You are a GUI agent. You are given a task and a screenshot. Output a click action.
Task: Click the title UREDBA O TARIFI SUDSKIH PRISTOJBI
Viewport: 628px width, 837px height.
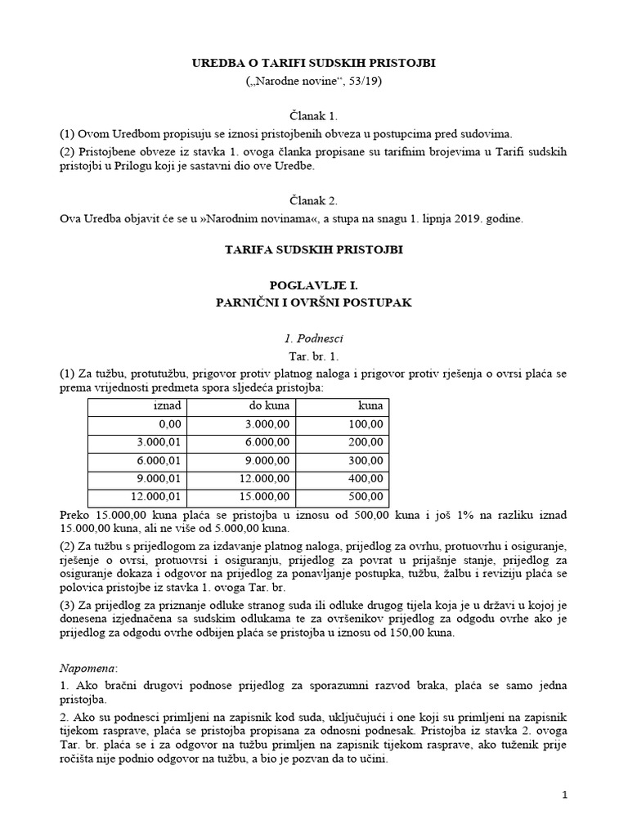(313, 64)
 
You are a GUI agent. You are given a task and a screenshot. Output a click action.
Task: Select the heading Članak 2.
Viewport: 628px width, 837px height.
(313, 199)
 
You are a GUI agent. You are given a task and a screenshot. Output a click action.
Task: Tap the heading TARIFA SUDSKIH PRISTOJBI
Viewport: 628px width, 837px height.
(313, 250)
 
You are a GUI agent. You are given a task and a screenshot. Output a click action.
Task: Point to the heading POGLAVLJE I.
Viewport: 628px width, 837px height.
(313, 285)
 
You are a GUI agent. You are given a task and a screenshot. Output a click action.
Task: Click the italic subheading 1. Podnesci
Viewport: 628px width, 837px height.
(313, 337)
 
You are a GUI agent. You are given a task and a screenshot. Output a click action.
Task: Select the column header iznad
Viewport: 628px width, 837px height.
(168, 406)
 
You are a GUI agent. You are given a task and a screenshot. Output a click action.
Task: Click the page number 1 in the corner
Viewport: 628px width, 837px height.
(564, 794)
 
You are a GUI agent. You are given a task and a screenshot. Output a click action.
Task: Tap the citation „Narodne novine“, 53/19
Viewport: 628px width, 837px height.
(313, 82)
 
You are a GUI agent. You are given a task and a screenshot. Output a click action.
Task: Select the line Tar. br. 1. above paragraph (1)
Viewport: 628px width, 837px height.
(313, 356)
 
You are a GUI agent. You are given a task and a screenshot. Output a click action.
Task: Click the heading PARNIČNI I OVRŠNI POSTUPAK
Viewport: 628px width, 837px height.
(313, 302)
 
